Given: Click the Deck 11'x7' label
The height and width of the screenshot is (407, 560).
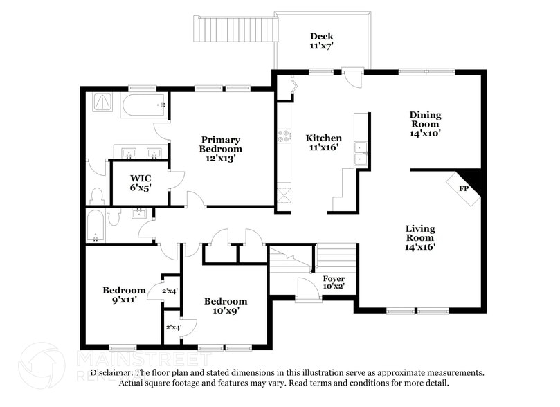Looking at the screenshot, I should click(321, 42).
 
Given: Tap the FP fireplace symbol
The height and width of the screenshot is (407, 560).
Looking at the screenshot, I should click(462, 188).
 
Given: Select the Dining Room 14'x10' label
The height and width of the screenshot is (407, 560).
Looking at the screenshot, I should click(425, 124).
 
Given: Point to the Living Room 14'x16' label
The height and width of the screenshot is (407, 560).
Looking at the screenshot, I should click(421, 237).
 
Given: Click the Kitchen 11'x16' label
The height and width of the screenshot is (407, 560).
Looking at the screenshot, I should click(324, 143).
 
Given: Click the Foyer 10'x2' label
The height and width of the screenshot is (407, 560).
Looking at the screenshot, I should click(334, 282).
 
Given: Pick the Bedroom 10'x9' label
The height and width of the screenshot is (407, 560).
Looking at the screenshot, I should click(225, 307).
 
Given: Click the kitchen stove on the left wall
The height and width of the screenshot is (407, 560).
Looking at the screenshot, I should click(284, 136).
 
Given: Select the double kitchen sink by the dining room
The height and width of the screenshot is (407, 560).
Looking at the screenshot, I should click(360, 154).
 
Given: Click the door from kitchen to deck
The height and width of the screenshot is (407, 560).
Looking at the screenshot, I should click(354, 78).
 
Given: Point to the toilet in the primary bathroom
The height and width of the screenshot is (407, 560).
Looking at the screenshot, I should click(97, 194).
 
